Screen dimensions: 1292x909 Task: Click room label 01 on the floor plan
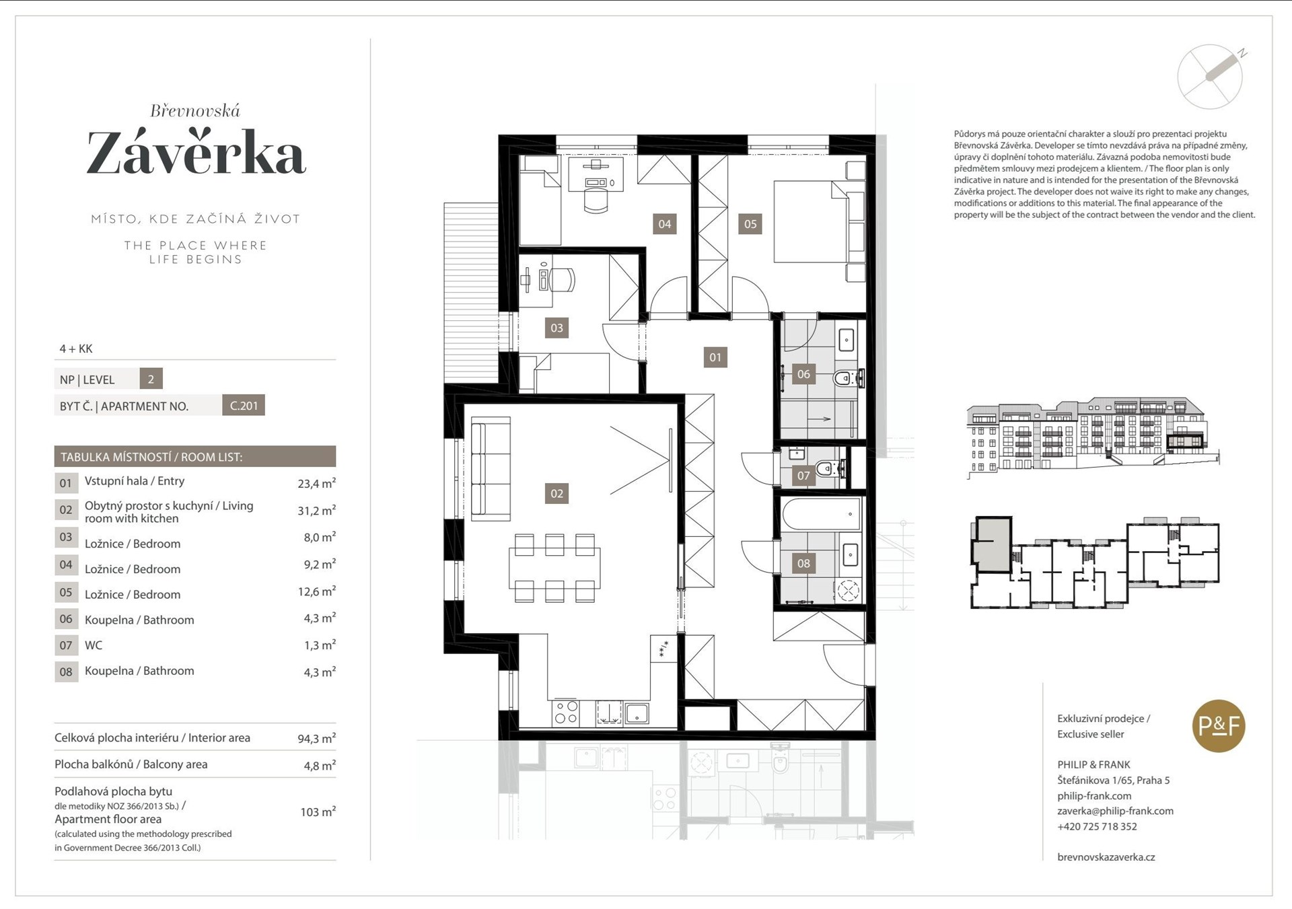[x=715, y=357]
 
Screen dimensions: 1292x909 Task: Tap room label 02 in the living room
[x=557, y=493]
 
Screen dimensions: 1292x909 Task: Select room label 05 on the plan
[x=750, y=224]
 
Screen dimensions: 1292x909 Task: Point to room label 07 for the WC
[x=803, y=476]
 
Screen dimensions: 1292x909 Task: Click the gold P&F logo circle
[x=1219, y=727]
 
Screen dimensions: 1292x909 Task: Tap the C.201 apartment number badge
[x=244, y=406]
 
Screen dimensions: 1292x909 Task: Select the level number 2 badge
[x=151, y=379]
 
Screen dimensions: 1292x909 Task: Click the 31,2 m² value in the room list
[x=316, y=510]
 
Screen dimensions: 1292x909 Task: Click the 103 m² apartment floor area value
[x=318, y=811]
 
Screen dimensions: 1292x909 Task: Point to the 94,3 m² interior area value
[x=316, y=738]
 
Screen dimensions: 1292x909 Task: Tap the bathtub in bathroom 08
[x=822, y=514]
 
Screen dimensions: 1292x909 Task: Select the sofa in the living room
[x=491, y=468]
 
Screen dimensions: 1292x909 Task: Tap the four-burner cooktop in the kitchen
[x=566, y=713]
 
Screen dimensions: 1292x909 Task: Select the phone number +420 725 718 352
[x=1097, y=826]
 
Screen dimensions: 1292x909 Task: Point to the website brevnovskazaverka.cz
[x=1106, y=857]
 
